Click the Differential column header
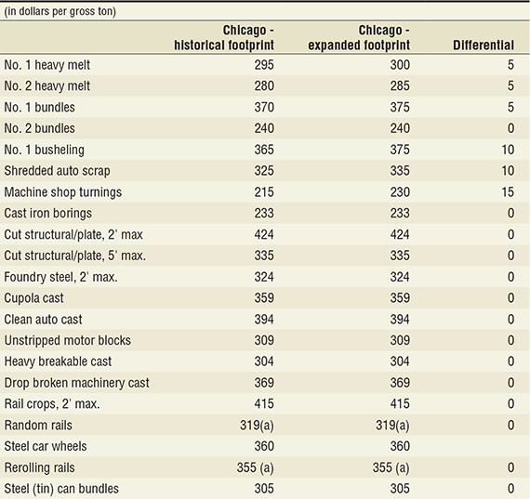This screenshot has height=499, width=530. coord(484,46)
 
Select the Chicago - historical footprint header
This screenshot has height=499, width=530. coord(224,37)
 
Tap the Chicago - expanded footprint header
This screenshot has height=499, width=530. coord(359,37)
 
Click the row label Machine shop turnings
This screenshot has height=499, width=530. coord(63,192)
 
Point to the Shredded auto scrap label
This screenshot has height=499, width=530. coord(57,171)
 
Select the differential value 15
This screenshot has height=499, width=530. coord(508,192)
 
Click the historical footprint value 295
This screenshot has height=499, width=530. coord(264,65)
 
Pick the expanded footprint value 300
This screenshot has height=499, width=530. coord(400,65)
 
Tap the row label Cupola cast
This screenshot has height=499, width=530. coord(33,298)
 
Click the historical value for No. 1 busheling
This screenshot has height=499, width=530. coord(264,150)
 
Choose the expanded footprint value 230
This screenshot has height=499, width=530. coord(400,192)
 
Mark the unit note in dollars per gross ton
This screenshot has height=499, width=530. coord(60,11)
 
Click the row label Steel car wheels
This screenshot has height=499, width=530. coord(46,446)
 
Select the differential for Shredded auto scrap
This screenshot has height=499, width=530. coord(508,171)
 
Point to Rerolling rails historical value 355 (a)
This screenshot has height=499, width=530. coord(255,468)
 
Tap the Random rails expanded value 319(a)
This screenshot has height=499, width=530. coord(392,426)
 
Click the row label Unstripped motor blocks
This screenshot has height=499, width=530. coord(67,340)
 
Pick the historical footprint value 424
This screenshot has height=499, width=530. coord(264,234)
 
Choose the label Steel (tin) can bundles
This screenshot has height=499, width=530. coord(61,489)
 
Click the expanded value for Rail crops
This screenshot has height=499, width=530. coord(400,403)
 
